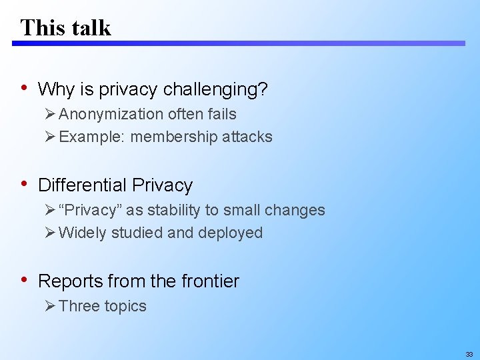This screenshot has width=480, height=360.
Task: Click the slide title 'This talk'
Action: click(x=65, y=27)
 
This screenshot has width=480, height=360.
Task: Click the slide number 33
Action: click(x=469, y=355)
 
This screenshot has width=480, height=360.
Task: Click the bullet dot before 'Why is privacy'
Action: click(x=25, y=88)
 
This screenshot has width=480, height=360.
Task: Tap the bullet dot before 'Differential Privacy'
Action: click(x=25, y=184)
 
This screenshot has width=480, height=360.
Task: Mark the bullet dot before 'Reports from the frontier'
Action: click(x=25, y=280)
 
